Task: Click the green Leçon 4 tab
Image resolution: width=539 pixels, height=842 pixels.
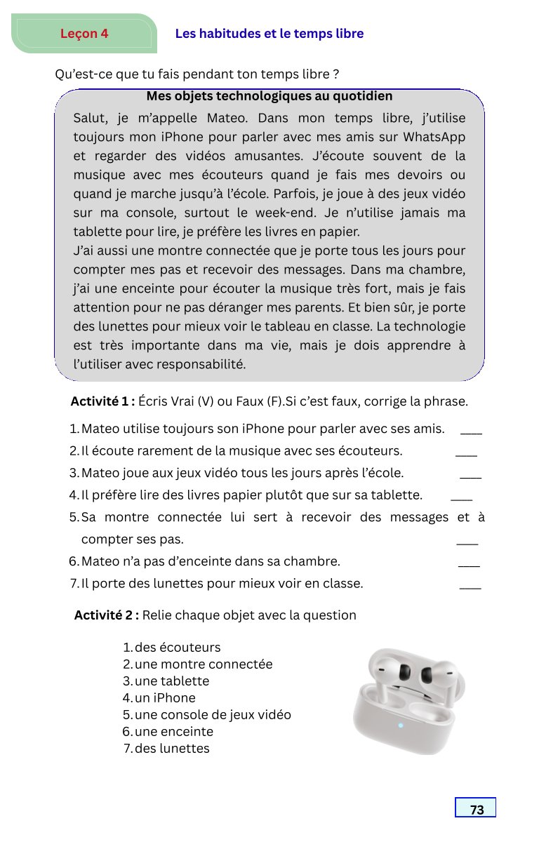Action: click(84, 34)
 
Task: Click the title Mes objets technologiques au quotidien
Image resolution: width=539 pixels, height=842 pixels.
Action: click(269, 96)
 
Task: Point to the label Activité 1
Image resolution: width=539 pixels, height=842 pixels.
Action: click(102, 402)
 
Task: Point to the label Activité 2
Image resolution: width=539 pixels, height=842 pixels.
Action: click(106, 615)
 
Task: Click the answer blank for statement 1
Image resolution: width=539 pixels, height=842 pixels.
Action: click(471, 432)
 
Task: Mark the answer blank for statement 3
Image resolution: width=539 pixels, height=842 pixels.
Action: click(470, 477)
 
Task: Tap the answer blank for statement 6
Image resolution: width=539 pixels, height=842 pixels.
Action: click(469, 565)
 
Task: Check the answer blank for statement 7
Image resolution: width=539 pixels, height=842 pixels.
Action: click(470, 587)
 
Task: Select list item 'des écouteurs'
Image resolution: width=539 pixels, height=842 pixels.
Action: click(178, 648)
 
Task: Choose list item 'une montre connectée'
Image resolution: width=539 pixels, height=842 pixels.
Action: click(204, 664)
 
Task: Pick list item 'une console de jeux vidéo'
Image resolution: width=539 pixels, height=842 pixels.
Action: click(213, 715)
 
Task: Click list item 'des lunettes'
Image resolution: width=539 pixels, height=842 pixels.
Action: click(172, 749)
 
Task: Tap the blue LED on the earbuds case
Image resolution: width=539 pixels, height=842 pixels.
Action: click(401, 726)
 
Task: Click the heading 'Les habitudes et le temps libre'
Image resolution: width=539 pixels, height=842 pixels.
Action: click(269, 34)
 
